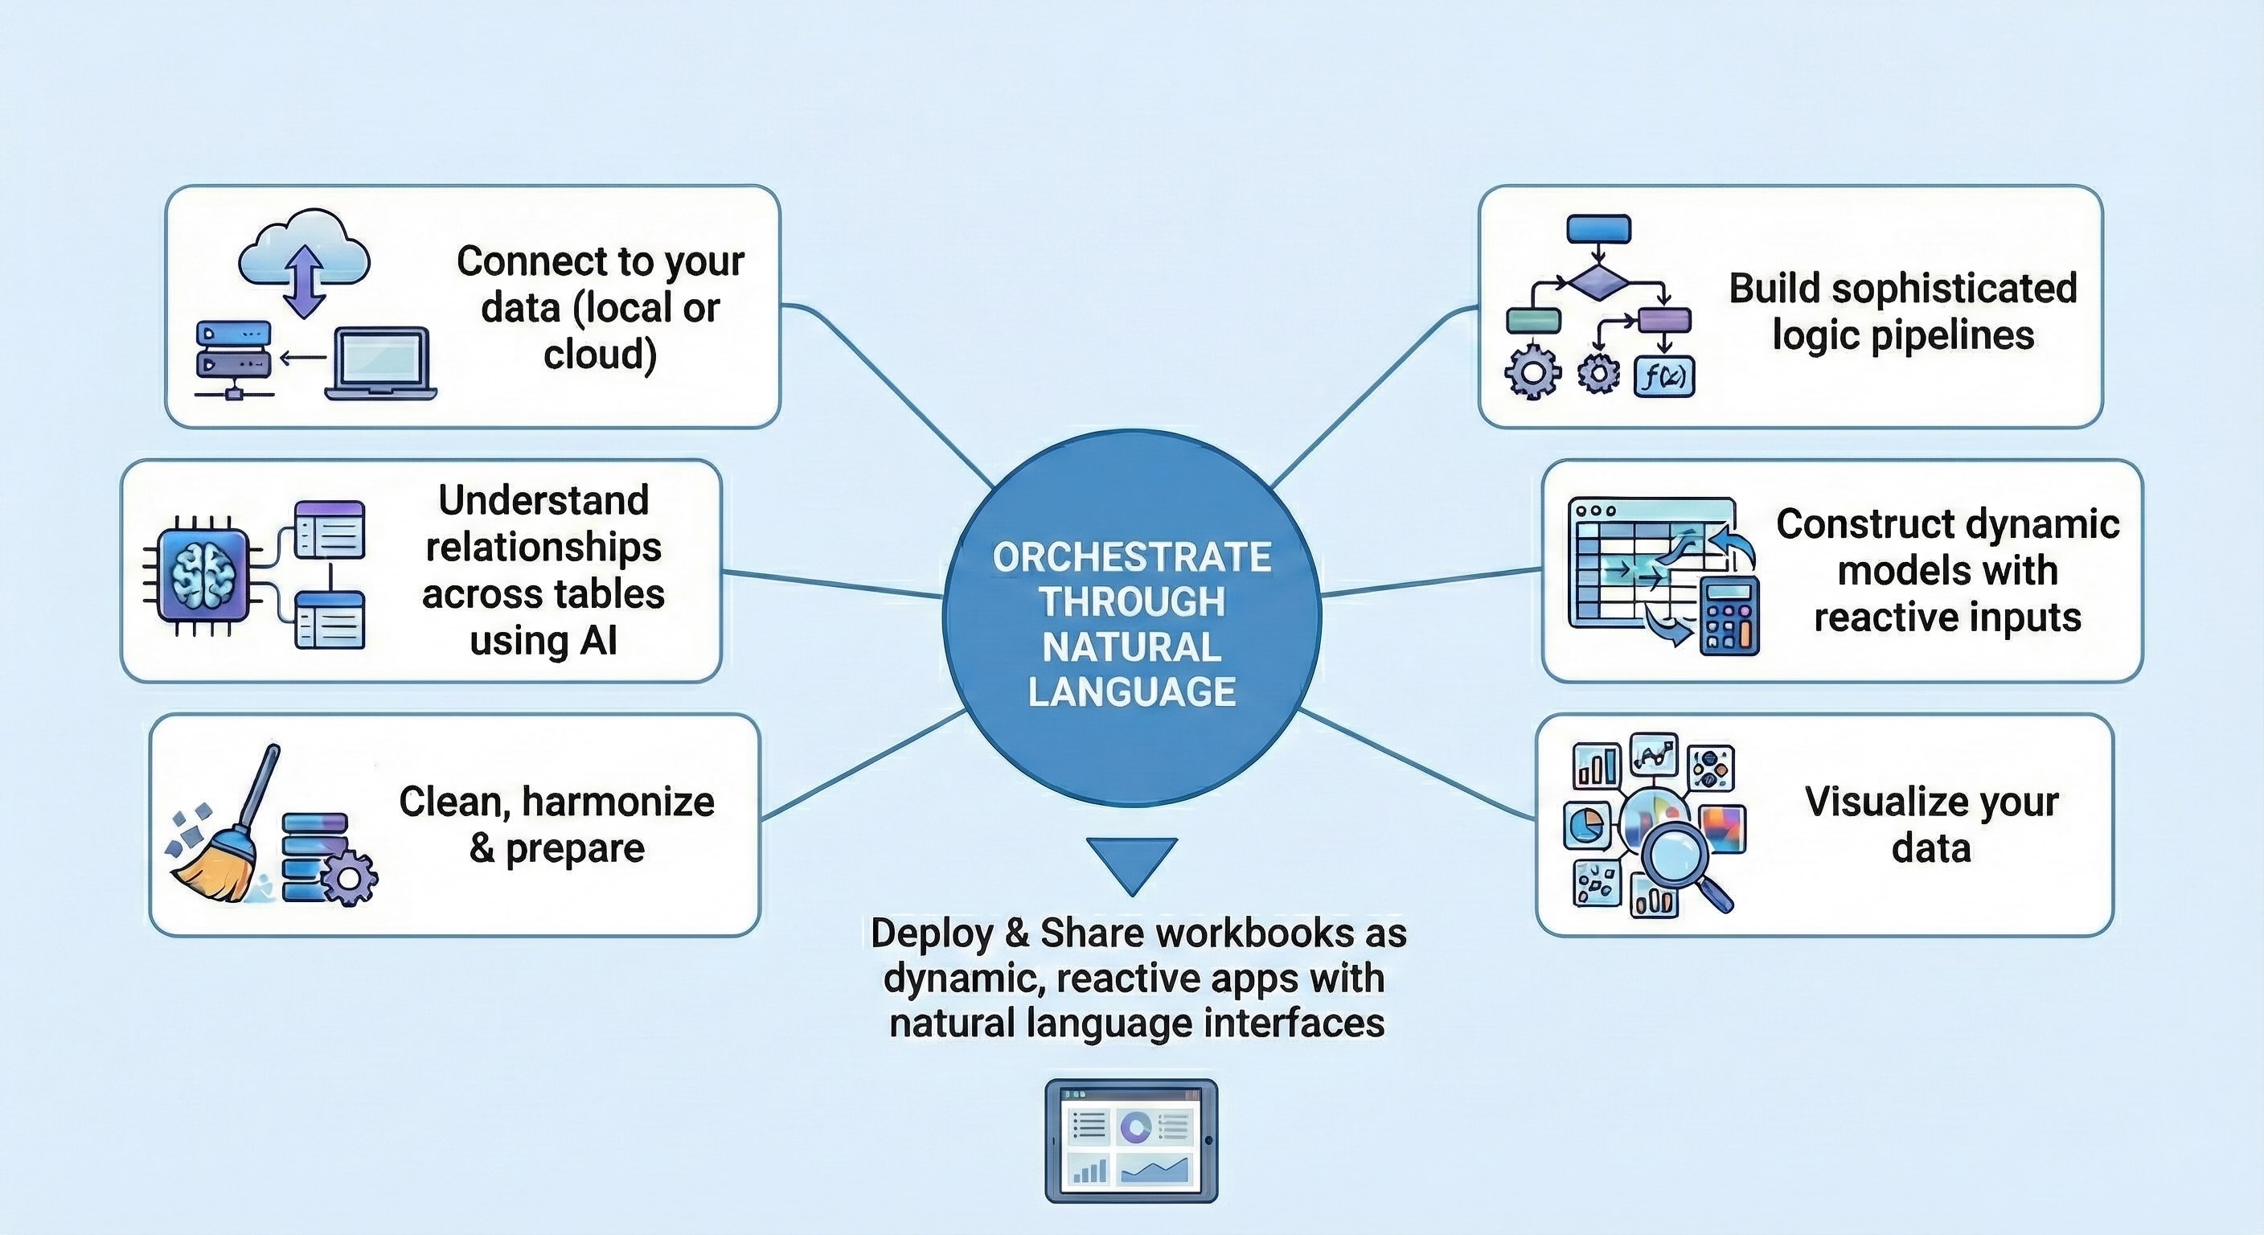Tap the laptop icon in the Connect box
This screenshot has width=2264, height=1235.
click(x=381, y=364)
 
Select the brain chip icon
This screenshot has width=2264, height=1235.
click(x=203, y=575)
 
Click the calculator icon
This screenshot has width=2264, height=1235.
click(x=1729, y=616)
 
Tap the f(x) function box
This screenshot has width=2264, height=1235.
click(x=1663, y=377)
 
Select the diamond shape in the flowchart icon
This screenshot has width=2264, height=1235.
click(x=1598, y=283)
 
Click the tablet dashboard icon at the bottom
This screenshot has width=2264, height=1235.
click(x=1131, y=1141)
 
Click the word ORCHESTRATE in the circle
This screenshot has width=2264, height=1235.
click(x=1132, y=557)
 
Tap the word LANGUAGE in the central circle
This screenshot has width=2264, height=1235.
click(x=1132, y=691)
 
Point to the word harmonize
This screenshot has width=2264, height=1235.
click(x=617, y=802)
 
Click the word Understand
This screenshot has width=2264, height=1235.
click(x=544, y=500)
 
